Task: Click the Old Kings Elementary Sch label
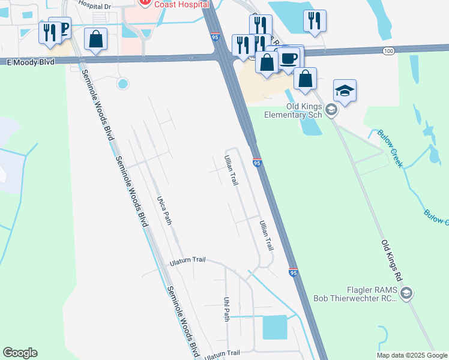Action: click(304, 110)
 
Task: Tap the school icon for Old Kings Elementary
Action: click(345, 91)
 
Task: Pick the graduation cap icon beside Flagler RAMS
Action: click(406, 293)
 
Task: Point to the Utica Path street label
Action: click(164, 210)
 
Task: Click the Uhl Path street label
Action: click(226, 308)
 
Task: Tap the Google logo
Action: click(20, 353)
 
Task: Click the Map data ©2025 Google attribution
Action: click(412, 355)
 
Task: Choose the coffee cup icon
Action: click(289, 58)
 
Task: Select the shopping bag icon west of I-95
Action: click(95, 40)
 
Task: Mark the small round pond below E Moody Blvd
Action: click(123, 84)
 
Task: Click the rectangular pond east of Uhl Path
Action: click(275, 328)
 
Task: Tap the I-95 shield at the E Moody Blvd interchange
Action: click(215, 37)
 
